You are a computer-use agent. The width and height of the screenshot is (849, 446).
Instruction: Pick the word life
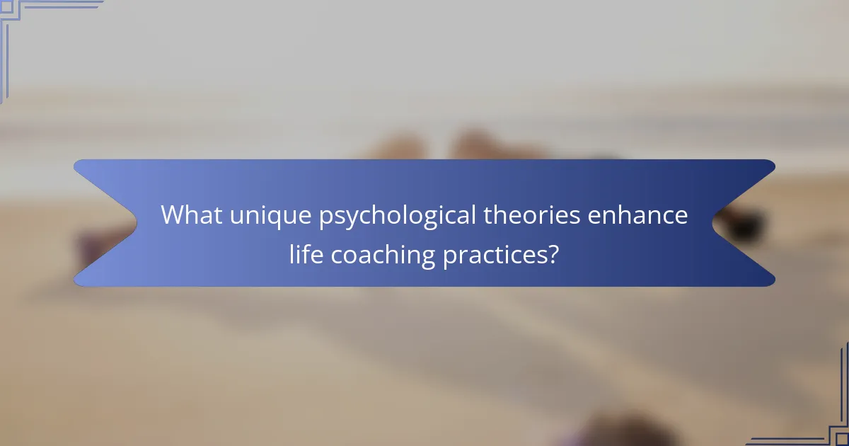[303, 254]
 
